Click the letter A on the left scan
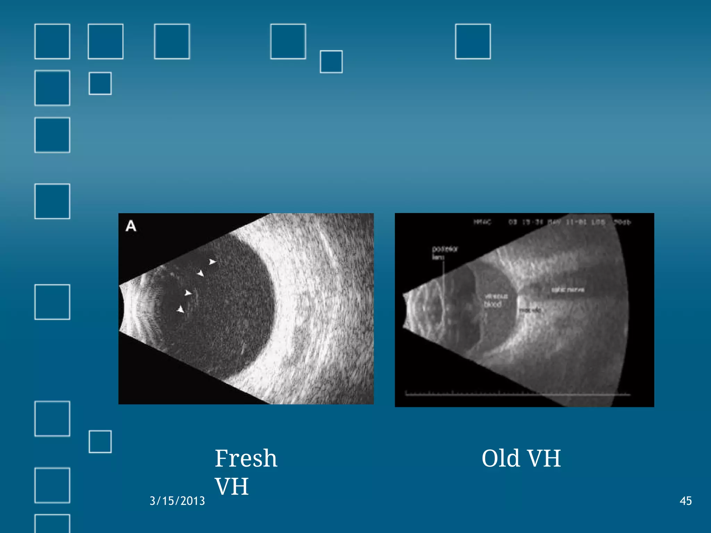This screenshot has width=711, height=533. click(131, 226)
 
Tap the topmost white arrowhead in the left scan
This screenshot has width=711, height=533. click(212, 262)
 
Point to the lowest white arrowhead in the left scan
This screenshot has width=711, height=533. click(181, 309)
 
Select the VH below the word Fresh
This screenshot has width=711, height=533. click(232, 486)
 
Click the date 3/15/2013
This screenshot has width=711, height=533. click(177, 501)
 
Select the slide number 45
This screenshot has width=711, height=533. click(685, 501)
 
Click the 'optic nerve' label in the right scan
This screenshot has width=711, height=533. click(568, 289)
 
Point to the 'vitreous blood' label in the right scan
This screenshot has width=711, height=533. click(495, 300)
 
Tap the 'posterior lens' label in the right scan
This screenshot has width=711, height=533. click(444, 253)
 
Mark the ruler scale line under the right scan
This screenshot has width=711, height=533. click(517, 394)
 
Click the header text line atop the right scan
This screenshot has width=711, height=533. click(552, 222)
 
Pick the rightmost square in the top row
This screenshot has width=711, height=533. click(473, 42)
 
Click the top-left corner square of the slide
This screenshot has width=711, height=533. click(52, 42)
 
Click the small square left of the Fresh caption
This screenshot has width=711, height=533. click(100, 442)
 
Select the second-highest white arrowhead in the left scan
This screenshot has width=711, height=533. click(200, 273)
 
